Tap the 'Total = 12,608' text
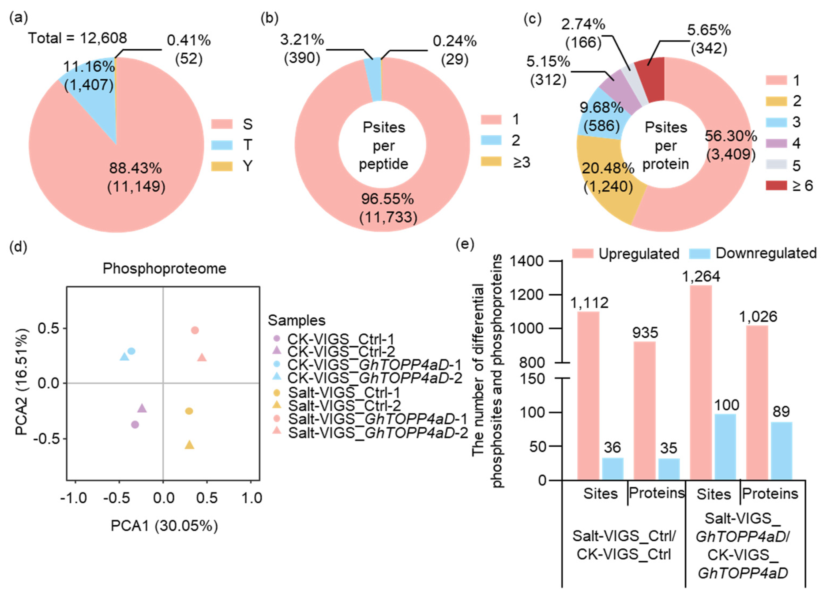[x=78, y=38]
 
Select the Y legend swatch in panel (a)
[x=222, y=166]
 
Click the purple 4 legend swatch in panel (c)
[x=776, y=144]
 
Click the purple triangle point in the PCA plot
[x=142, y=408]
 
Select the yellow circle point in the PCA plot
[x=189, y=411]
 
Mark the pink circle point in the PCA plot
[x=195, y=330]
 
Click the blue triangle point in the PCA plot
[x=125, y=357]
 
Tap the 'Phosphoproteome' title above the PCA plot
[x=164, y=269]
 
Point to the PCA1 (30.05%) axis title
[x=164, y=526]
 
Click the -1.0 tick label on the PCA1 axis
[x=74, y=498]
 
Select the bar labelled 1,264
[x=700, y=381]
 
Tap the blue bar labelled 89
[x=781, y=451]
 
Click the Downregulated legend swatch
[x=699, y=254]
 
